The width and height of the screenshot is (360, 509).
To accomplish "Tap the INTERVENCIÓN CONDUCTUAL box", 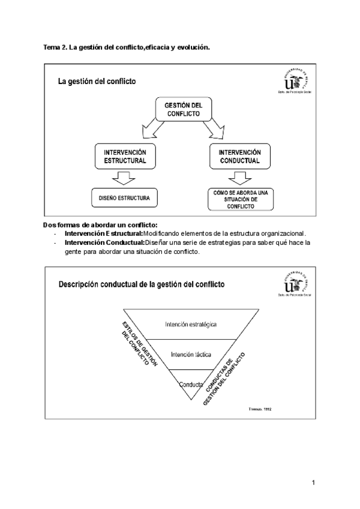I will (235, 157).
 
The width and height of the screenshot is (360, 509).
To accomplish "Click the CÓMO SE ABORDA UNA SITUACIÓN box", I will (235, 199).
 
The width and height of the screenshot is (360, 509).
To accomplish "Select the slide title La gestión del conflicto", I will (97, 81).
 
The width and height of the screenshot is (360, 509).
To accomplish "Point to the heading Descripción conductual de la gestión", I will (142, 285).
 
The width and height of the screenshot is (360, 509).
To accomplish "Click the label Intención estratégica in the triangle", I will (191, 325).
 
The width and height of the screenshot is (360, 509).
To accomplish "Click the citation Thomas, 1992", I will (260, 409).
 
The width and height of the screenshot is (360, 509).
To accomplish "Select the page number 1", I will (313, 483).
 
